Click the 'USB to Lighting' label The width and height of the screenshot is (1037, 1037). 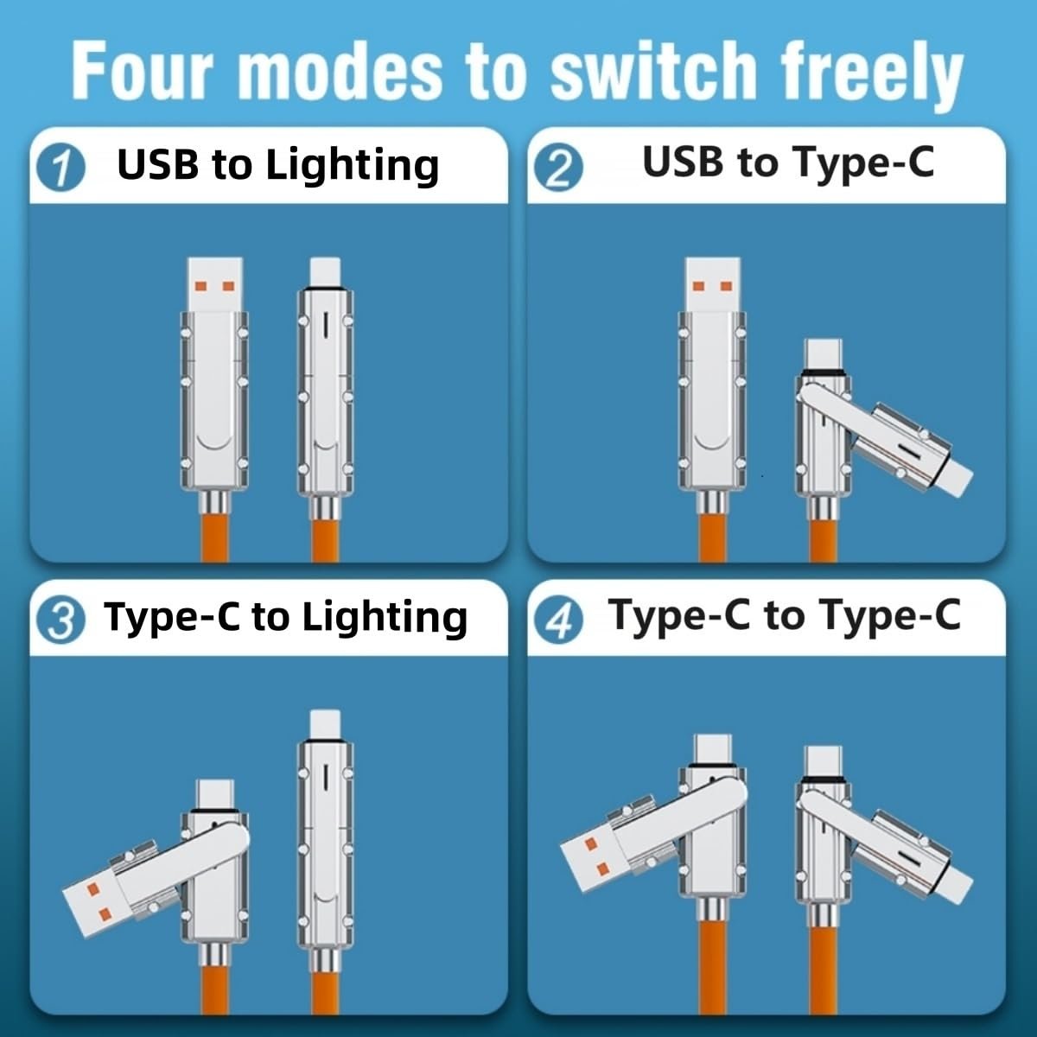pos(278,164)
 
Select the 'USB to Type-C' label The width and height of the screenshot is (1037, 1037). pos(788,162)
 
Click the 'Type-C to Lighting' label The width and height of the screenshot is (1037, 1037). pos(286,617)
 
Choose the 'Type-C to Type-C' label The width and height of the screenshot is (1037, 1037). pos(784,615)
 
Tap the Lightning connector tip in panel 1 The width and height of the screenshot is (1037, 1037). pos(324,270)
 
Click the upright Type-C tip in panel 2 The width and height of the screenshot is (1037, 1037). pos(823,354)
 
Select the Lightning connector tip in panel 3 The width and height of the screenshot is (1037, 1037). pos(324,724)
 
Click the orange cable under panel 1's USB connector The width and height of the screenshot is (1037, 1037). pos(214,536)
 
